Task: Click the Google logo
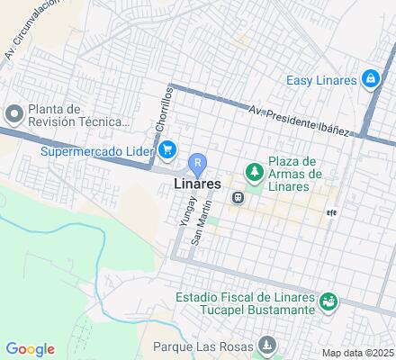[30, 349]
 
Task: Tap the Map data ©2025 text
[358, 353]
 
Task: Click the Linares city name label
[193, 184]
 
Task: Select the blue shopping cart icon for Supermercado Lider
[167, 149]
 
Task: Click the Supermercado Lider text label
[97, 150]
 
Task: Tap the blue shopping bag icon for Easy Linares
[370, 80]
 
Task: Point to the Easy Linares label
[321, 81]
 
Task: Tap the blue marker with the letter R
[198, 164]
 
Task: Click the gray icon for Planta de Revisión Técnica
[13, 114]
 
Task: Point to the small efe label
[330, 213]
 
